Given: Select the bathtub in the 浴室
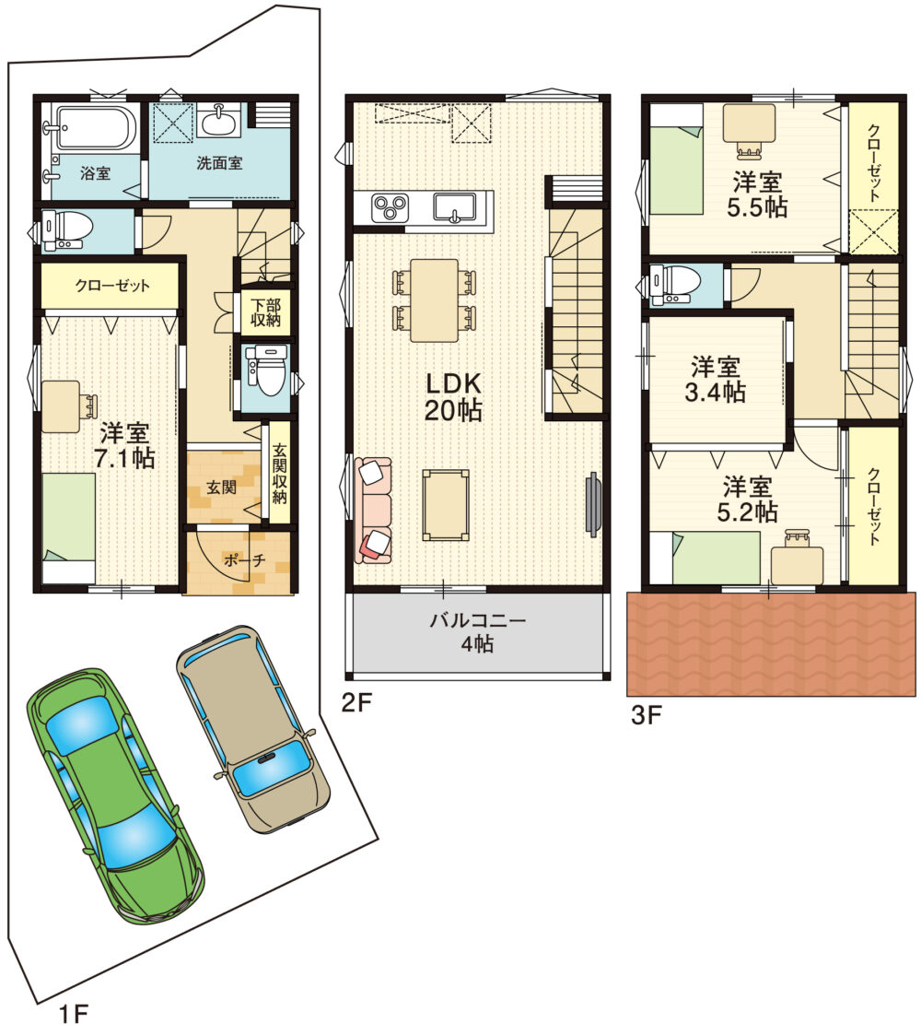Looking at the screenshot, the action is click(x=96, y=127).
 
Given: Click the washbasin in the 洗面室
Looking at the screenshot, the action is click(x=220, y=120).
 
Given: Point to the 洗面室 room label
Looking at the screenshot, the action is click(x=219, y=163).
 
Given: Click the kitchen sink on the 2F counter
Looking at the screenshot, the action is click(x=454, y=207).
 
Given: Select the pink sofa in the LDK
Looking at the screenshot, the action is click(x=373, y=511).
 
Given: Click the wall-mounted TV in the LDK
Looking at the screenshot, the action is click(x=592, y=501).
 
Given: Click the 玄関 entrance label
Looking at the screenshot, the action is click(x=221, y=488).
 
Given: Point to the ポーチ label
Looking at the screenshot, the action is click(x=244, y=560).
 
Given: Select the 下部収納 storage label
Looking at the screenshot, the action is click(x=265, y=312).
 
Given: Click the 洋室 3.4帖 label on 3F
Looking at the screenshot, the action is click(x=716, y=379).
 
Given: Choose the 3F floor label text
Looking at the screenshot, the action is click(x=647, y=715).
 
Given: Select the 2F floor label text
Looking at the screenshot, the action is click(x=356, y=702).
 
